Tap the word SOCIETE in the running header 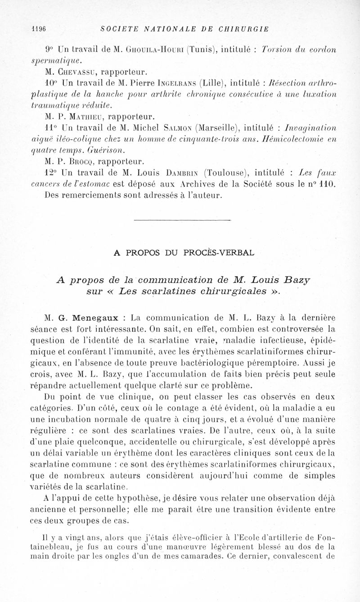[118, 29]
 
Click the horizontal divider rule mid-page [179, 220]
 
